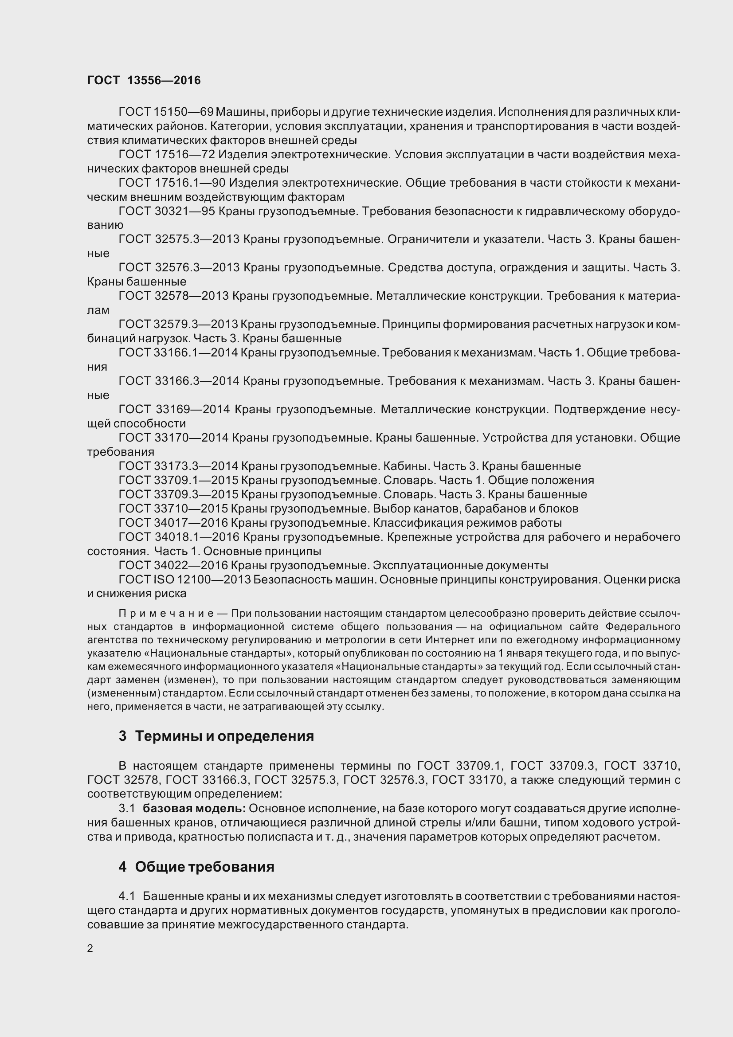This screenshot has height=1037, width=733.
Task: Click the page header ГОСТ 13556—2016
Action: coord(144,80)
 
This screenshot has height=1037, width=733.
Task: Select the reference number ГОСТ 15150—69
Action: coord(166,112)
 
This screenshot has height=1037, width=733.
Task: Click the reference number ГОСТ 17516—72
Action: coord(166,154)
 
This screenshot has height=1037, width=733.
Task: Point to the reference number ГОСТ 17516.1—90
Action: coord(172,183)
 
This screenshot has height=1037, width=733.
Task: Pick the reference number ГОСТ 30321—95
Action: coord(166,211)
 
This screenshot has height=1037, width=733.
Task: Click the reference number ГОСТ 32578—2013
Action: coord(173,296)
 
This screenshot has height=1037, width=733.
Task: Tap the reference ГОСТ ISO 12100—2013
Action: coord(184,579)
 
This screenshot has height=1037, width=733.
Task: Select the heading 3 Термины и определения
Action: coord(216,736)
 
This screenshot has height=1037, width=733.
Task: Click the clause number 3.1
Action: coord(127,809)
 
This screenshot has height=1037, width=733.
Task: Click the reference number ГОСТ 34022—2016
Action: coord(173,565)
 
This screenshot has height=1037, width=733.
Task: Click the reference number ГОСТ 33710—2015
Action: coord(173,509)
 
